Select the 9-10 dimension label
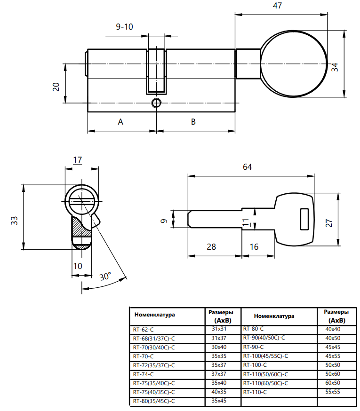124,27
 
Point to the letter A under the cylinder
120,122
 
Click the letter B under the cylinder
193,122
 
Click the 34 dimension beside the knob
335,67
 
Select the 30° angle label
105,277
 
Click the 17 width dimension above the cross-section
78,160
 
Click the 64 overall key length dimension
248,167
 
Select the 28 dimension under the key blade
211,247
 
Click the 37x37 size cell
219,374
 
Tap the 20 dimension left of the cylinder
56,87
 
